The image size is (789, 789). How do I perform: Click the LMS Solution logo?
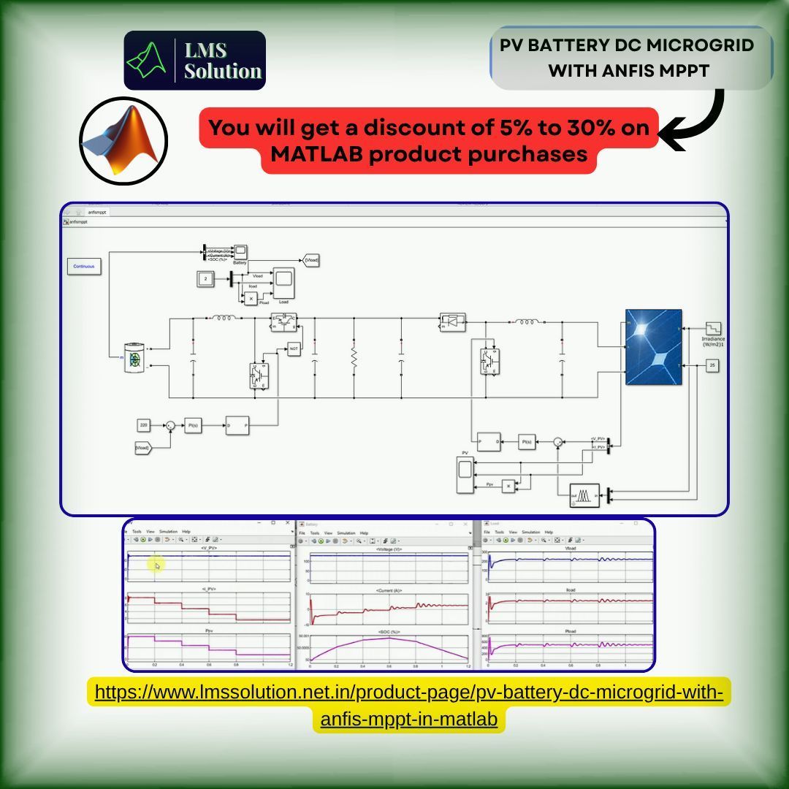(x=194, y=61)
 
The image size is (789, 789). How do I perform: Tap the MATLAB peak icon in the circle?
(x=123, y=140)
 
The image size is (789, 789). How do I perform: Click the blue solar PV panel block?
(x=654, y=347)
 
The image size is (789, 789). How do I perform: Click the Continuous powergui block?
(x=84, y=267)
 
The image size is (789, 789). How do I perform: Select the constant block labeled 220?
(x=143, y=424)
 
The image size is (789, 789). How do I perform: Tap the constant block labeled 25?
(x=711, y=365)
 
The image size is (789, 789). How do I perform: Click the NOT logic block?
(x=294, y=349)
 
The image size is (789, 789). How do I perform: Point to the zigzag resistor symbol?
(x=354, y=357)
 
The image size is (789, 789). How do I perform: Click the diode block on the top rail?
(x=451, y=320)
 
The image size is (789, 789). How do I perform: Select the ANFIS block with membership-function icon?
(x=584, y=496)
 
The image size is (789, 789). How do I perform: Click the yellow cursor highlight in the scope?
(x=156, y=565)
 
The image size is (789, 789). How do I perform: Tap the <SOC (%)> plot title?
(x=389, y=631)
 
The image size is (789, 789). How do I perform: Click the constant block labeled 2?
(x=205, y=278)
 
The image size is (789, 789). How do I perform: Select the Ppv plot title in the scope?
(x=209, y=630)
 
